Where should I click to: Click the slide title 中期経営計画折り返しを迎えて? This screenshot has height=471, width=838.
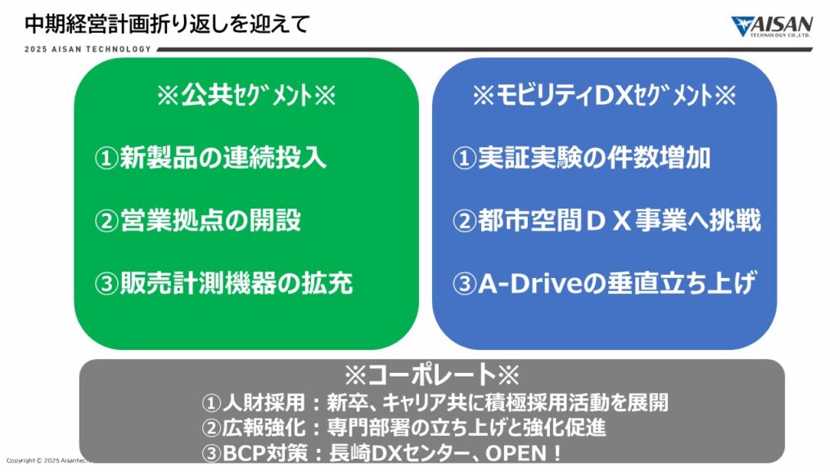pos(167,24)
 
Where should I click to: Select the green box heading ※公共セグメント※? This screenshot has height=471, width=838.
pos(246,96)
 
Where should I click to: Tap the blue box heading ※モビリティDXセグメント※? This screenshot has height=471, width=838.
pos(605,96)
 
